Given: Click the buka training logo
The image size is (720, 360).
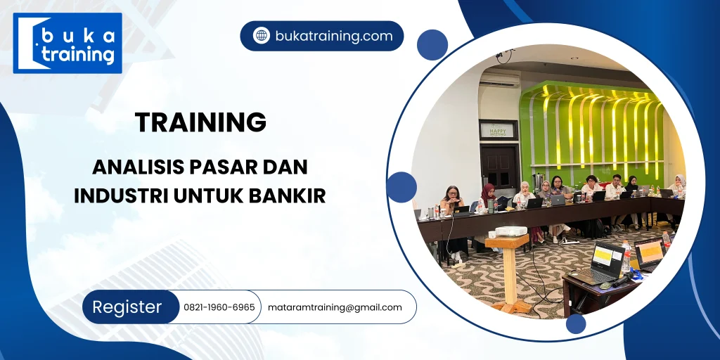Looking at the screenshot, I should point(67,43).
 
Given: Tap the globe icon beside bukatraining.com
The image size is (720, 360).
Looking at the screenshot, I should point(262,36).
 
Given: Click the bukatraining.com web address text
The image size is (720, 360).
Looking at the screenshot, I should point(334,36).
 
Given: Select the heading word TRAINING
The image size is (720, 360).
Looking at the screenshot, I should point(201,122).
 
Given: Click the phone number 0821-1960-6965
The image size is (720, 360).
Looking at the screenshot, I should point(219,307).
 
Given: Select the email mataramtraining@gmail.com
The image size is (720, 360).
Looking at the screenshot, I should point(335,307).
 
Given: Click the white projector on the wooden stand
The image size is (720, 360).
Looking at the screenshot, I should point(510,231).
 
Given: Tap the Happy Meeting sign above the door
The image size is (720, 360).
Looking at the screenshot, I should point(498,129).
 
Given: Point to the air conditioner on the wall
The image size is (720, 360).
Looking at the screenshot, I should point(500,80).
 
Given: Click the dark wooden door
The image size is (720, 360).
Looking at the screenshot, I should point(499,169).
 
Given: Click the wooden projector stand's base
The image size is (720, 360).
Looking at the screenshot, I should point(511,307).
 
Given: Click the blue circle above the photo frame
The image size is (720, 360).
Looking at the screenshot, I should point(432,44).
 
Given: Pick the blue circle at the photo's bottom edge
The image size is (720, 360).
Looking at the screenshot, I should point(576,323).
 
